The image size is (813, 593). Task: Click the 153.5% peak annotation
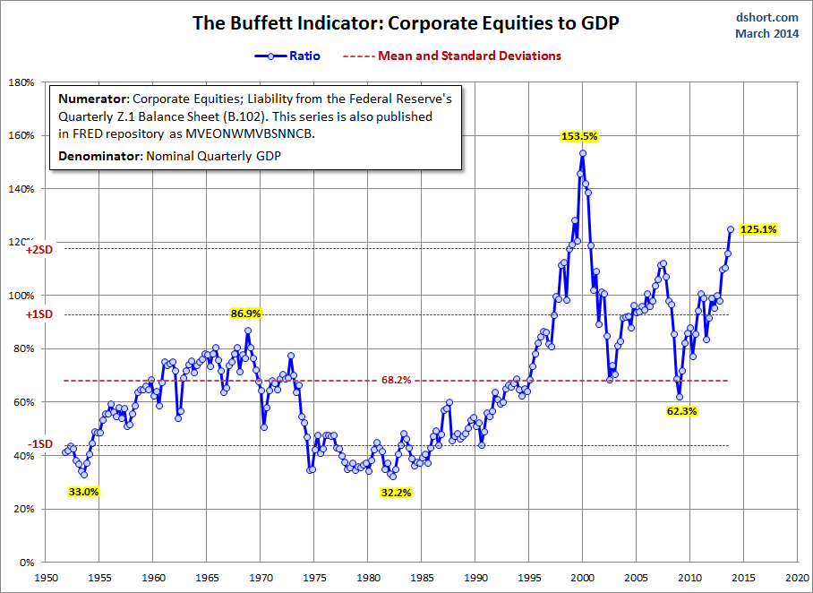[x=579, y=136]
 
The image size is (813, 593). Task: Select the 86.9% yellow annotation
[x=247, y=314]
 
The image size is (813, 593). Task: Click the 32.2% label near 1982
[x=395, y=492]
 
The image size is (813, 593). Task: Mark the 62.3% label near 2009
[x=681, y=411]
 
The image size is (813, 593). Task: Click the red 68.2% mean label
[x=396, y=380]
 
